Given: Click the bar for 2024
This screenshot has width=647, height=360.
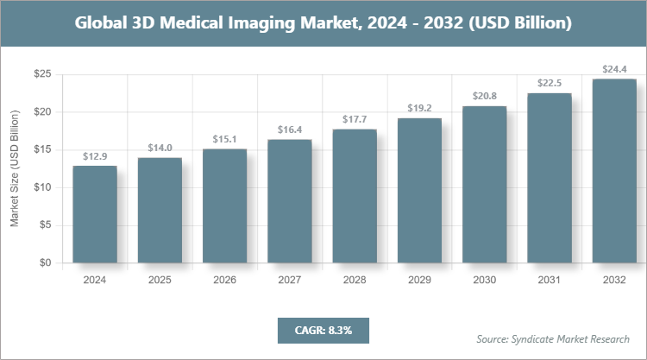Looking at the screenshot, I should tap(95, 214).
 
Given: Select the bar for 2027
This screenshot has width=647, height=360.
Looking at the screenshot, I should tap(290, 201).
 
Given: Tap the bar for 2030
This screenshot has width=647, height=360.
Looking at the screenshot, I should tap(484, 185).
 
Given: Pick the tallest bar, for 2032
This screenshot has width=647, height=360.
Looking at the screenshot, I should tap(614, 171).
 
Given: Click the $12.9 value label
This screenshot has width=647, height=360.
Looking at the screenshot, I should tap(95, 156).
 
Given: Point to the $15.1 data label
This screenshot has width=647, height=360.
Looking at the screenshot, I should tap(225, 139).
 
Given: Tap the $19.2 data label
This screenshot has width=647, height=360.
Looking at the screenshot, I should tap(419, 108).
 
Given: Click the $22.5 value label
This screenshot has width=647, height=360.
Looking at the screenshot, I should tap(550, 83).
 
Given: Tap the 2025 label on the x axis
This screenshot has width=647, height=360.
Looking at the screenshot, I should tap(160, 281).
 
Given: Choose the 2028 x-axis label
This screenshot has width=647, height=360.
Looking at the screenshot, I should tap(355, 281).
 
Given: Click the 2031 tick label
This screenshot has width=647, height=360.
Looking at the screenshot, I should tap(550, 281).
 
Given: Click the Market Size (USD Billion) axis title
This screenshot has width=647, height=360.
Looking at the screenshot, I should tap(15, 169).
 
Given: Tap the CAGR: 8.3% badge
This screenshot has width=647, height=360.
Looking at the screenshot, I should tap(323, 330).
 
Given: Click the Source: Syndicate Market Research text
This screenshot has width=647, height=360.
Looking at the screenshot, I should tap(553, 338).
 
